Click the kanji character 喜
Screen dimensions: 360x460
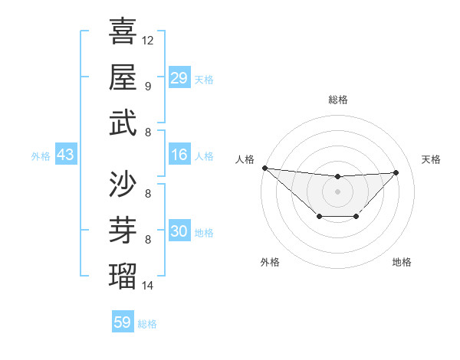(x=123, y=31)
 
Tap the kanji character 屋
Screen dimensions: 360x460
(x=123, y=77)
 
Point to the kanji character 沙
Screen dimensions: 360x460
(x=123, y=185)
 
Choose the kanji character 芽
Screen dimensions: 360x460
(x=123, y=231)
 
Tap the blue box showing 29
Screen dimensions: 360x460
(x=179, y=77)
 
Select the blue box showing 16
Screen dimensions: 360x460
(x=179, y=155)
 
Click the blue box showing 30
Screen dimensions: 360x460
(x=179, y=231)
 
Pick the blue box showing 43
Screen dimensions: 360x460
(x=65, y=155)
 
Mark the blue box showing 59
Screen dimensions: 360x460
(x=123, y=322)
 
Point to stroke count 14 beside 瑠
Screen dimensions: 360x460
(x=148, y=286)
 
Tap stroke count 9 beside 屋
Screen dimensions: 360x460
(x=147, y=86)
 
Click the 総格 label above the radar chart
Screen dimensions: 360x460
(x=337, y=100)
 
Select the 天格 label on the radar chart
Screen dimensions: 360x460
(x=431, y=159)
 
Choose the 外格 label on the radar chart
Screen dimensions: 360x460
(x=269, y=262)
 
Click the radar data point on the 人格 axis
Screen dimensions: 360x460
(x=264, y=168)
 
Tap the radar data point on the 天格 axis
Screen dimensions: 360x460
(x=396, y=172)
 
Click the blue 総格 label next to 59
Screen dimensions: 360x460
(x=147, y=324)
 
